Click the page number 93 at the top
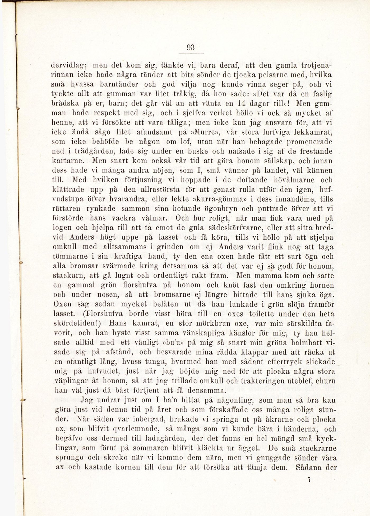(191, 48)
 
